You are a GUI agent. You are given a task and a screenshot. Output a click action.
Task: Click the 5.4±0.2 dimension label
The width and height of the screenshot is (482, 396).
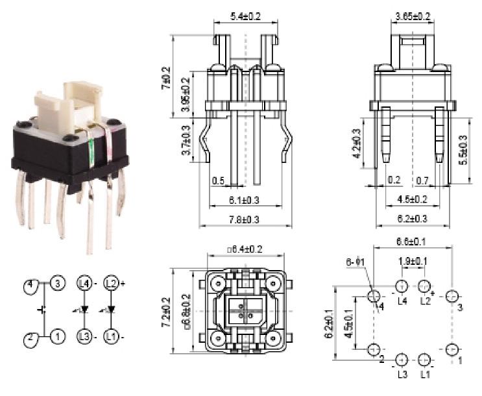click(x=245, y=16)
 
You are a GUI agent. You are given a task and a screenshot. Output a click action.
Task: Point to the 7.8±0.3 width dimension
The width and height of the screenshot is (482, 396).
click(x=244, y=220)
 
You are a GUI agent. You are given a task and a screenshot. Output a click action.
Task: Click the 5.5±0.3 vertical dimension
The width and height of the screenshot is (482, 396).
click(x=463, y=150)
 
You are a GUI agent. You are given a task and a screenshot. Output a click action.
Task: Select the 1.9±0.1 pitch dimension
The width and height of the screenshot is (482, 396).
click(x=412, y=261)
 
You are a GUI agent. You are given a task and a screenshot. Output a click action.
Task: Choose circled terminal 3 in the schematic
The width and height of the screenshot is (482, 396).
click(x=58, y=284)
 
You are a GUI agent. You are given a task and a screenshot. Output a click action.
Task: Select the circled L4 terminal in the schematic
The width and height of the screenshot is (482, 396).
click(x=84, y=284)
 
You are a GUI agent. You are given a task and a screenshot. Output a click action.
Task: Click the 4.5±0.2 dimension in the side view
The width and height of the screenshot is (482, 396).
click(x=412, y=199)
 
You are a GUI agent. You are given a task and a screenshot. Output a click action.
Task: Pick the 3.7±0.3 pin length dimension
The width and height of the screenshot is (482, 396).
click(x=187, y=141)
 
